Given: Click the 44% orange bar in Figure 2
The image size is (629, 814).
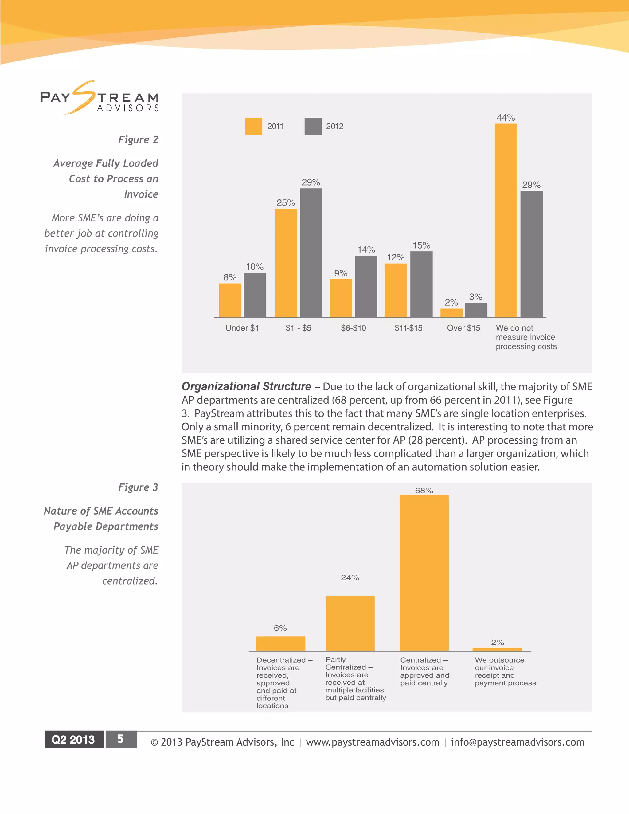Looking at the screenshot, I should point(506,221).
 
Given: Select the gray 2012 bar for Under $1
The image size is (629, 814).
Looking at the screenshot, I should point(255,295).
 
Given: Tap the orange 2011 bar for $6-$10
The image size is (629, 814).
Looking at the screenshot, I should point(341,298).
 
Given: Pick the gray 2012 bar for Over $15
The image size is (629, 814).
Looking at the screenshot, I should point(475,311).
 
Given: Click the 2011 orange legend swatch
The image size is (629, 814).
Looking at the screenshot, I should point(253,126).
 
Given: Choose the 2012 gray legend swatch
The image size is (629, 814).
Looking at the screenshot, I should point(313,126).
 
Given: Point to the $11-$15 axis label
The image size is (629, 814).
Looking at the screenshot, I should point(408,328).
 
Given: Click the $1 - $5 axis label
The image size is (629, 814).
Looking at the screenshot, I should point(298,328).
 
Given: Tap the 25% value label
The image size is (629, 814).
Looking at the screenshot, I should point(286,203).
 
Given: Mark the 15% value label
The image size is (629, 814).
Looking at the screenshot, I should point(421,245).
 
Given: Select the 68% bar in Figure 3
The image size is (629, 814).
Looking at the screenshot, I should point(424,573).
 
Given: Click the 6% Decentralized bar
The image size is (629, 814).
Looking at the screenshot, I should point(281,644).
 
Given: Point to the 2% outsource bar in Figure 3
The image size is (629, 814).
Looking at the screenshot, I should point(497,649).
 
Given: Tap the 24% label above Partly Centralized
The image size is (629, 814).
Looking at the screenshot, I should point(350,578).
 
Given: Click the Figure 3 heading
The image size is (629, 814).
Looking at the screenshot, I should point(138,487).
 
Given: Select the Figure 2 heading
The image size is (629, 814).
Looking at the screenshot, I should point(138,139).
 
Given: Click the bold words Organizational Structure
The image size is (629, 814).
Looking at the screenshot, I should point(246,386).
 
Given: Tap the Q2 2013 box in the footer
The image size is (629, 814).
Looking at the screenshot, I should point(74,739).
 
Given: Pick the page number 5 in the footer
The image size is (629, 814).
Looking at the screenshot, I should point(121,739).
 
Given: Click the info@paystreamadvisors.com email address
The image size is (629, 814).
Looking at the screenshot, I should point(518,742).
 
